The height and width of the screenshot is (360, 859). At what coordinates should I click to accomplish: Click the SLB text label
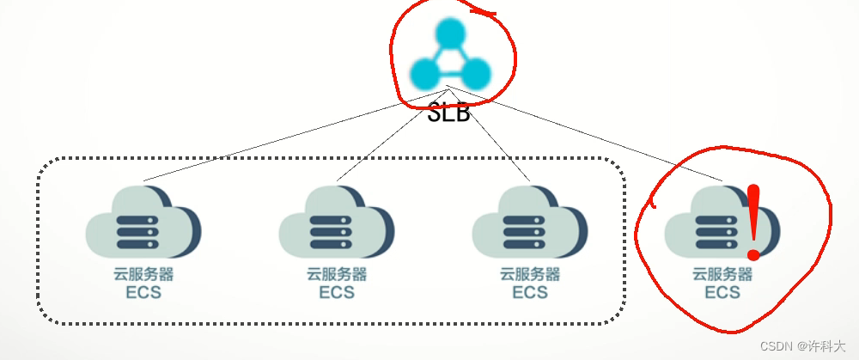point(449,111)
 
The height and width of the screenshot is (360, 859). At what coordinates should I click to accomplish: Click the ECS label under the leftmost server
point(143,293)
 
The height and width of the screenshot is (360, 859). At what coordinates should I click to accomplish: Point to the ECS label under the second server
point(336,293)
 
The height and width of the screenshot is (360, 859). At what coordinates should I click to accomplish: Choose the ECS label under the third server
point(529,293)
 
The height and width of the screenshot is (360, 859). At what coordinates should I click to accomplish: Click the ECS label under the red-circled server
point(722,293)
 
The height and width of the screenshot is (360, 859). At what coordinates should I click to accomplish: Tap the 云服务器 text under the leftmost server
point(143,275)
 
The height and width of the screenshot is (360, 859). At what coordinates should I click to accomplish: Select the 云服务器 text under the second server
point(336,275)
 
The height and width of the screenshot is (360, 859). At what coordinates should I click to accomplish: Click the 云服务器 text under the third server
point(529,275)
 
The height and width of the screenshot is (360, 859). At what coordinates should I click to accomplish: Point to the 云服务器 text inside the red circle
point(722,275)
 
